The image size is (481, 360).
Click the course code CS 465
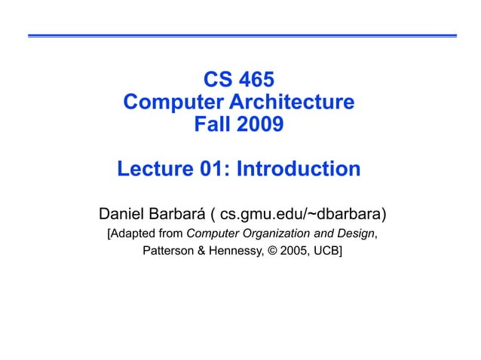click(240, 79)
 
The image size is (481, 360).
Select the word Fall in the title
click(213, 123)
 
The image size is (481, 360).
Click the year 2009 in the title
click(261, 123)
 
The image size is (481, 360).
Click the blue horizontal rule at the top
click(241, 35)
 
